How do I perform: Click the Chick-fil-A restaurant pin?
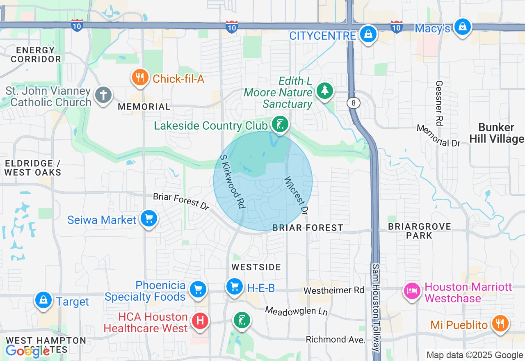click(x=140, y=78)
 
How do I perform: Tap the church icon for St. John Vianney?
click(x=103, y=95)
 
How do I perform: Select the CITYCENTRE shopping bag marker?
click(x=368, y=34)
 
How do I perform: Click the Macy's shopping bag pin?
click(x=463, y=27)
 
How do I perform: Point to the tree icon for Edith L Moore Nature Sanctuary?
click(x=325, y=90)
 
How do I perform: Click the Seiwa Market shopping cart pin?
click(x=148, y=219)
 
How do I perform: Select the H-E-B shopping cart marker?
click(x=235, y=286)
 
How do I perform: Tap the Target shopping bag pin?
click(x=43, y=301)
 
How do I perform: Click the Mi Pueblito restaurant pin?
click(x=500, y=324)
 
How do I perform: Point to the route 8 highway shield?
click(x=354, y=103)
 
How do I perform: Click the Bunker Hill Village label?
click(x=496, y=133)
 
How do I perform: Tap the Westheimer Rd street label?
click(x=333, y=290)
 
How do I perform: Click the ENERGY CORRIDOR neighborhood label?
click(x=36, y=55)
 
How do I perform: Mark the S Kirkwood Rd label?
click(x=233, y=181)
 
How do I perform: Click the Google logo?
click(x=27, y=351)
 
